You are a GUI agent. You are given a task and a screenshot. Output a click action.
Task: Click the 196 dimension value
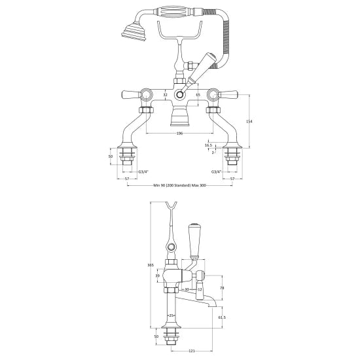[179, 134]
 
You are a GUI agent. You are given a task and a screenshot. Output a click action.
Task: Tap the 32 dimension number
[166, 95]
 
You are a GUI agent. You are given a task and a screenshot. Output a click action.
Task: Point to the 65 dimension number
[198, 95]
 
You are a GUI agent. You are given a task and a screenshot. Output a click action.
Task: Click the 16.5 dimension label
[208, 146]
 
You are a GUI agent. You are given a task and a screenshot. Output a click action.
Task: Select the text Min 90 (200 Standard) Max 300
[179, 185]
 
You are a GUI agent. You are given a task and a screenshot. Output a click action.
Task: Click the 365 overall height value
[150, 264]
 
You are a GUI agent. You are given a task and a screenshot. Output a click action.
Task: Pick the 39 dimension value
[156, 276]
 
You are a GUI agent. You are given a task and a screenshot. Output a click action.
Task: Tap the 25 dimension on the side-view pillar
[171, 315]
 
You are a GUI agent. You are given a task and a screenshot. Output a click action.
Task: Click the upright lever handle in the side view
[194, 240]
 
